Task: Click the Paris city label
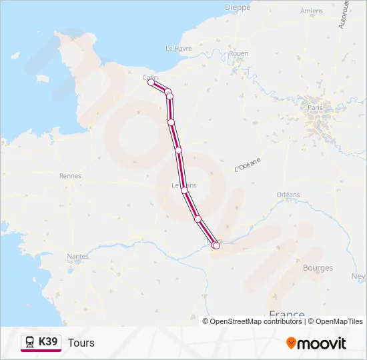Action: (x=315, y=107)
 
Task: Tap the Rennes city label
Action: (x=70, y=176)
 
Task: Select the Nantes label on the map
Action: (x=77, y=256)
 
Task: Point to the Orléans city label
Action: (x=288, y=195)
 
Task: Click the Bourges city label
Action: (x=318, y=268)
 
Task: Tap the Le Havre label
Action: (x=178, y=48)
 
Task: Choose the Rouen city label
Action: (x=238, y=53)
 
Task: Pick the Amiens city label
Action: (x=312, y=11)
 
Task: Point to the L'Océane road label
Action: (x=248, y=165)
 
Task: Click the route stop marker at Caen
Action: (x=151, y=83)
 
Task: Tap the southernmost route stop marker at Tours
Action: (x=216, y=246)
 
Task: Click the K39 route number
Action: (x=49, y=342)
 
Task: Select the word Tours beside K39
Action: (x=81, y=343)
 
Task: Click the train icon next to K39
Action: (x=30, y=343)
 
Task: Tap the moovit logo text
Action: (x=322, y=343)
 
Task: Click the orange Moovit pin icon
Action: (x=291, y=343)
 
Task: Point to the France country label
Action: (x=286, y=315)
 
